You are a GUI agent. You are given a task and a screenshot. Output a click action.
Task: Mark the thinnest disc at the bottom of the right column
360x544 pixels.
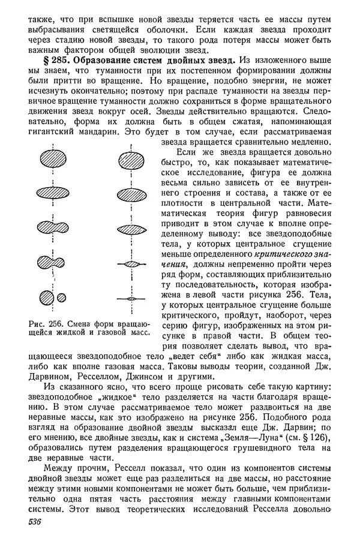click(x=131, y=298)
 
